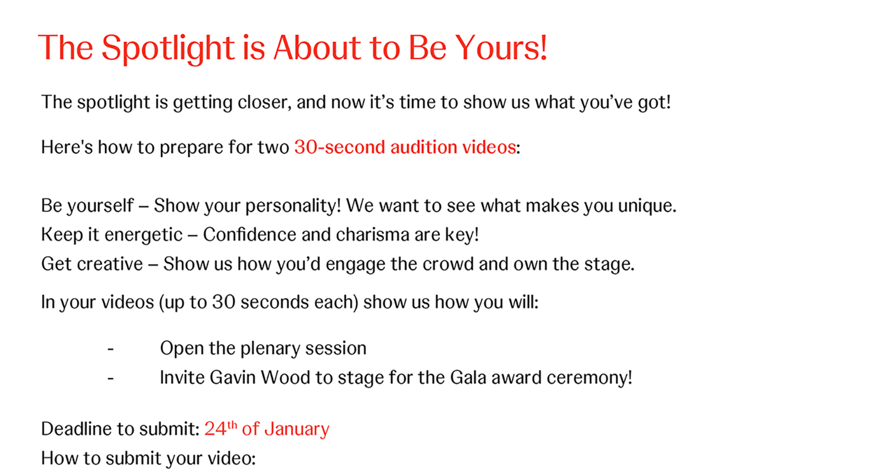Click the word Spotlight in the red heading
(168, 48)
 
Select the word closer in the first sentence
(265, 102)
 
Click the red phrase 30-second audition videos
(405, 147)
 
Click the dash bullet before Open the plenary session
(111, 349)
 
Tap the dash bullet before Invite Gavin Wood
(111, 378)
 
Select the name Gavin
(232, 378)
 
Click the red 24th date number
(220, 428)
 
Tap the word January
(297, 429)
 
